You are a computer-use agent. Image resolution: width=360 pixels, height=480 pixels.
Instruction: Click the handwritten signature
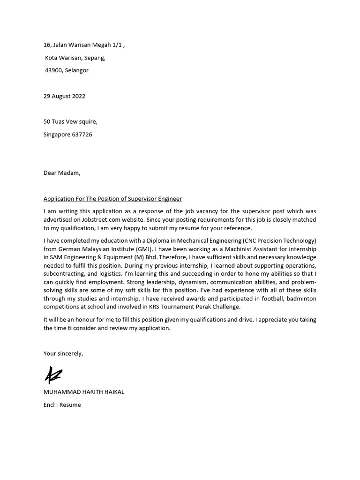coord(53,375)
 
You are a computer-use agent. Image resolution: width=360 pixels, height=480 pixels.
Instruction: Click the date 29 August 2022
coord(64,96)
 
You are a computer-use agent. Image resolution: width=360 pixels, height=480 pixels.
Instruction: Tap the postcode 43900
coord(54,70)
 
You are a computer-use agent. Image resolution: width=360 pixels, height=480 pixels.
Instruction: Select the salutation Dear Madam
coord(62,172)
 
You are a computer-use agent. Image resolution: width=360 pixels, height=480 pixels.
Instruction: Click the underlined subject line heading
coord(112,199)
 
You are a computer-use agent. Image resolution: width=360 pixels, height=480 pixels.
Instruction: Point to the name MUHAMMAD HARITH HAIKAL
coord(84,392)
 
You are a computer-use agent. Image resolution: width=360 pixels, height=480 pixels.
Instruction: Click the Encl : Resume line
coord(62,405)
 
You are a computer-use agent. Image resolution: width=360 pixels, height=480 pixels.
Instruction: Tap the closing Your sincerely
coord(63,353)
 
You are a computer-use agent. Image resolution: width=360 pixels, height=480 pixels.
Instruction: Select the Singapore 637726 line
coord(67,135)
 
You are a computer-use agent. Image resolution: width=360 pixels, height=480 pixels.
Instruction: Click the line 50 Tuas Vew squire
coord(70,122)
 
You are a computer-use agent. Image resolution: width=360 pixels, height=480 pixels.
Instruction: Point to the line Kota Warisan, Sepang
coord(75,58)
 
